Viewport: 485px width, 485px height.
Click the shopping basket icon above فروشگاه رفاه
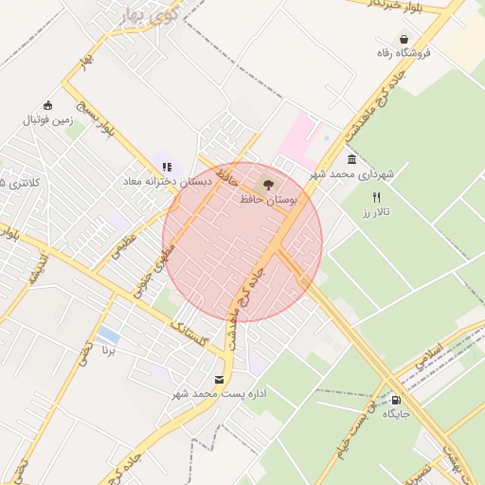(405, 39)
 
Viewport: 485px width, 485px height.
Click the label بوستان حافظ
(268, 200)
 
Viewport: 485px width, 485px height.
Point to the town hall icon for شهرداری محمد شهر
(351, 159)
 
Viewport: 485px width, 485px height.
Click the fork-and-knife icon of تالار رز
(376, 198)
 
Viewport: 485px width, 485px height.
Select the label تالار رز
(376, 213)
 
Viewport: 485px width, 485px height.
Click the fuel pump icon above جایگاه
(395, 399)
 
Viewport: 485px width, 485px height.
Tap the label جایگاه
(395, 414)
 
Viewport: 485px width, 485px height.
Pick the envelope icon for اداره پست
(220, 380)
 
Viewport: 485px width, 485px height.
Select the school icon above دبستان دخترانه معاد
(167, 167)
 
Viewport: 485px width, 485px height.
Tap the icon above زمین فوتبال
(47, 105)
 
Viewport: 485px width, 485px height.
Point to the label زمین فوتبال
(47, 120)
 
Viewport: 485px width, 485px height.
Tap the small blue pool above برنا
(108, 335)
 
